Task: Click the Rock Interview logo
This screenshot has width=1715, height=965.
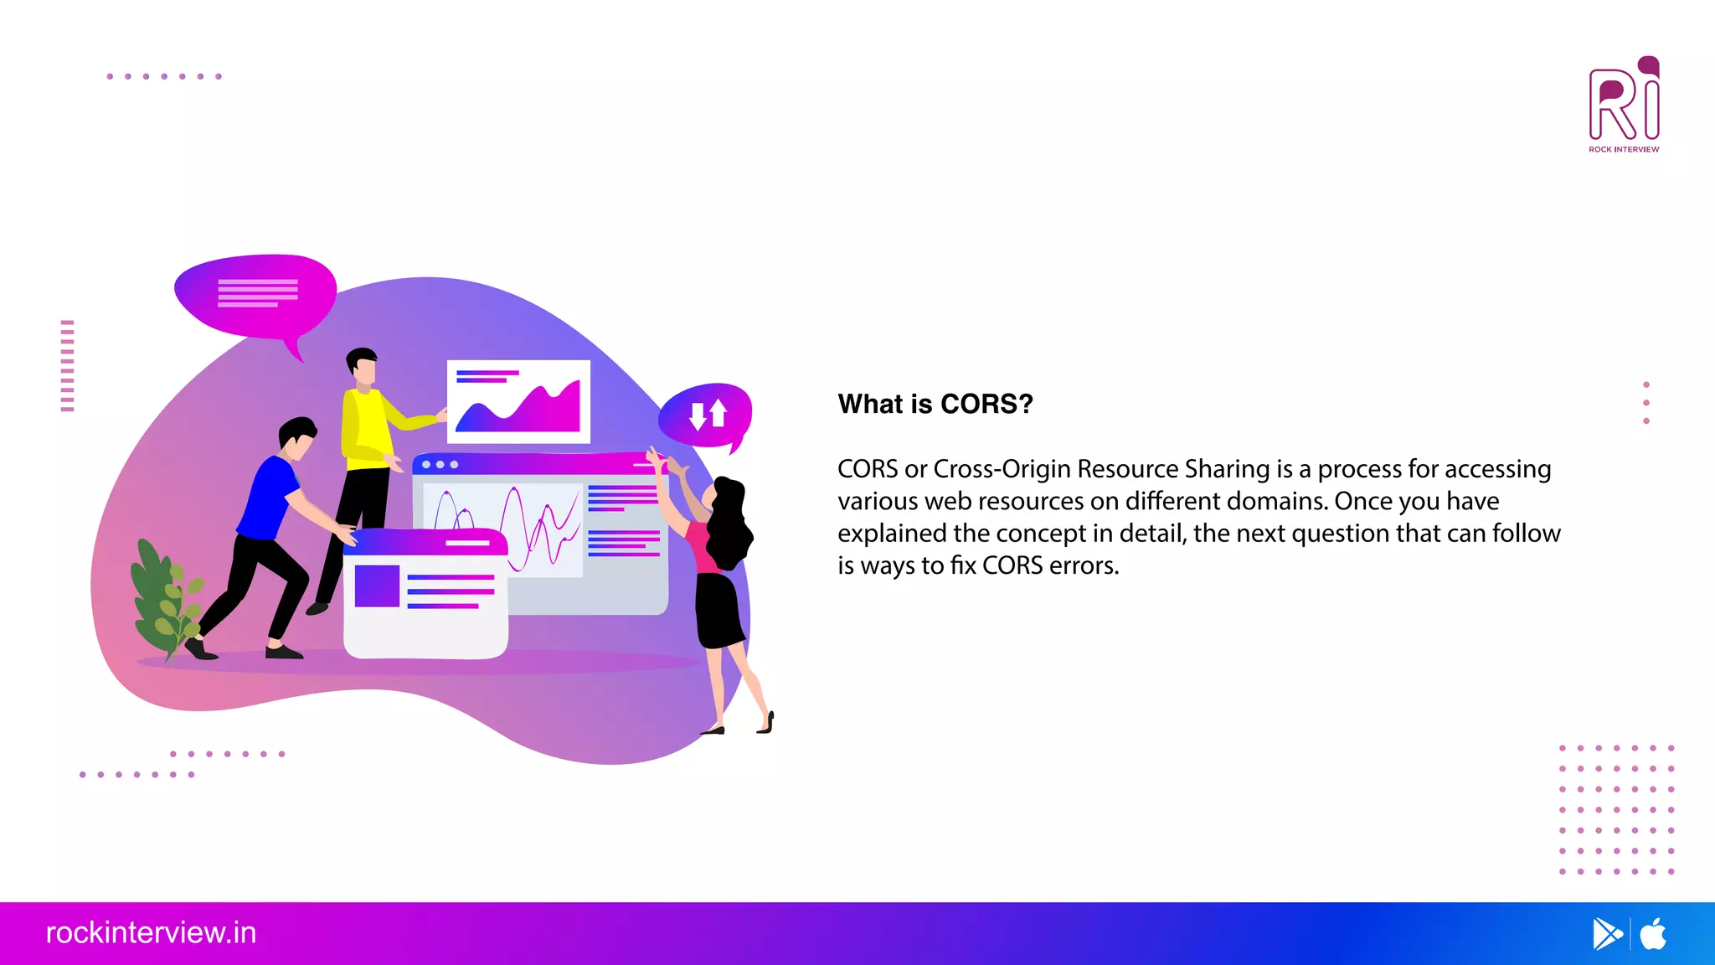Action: [1624, 104]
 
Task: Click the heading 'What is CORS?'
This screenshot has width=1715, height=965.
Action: [935, 404]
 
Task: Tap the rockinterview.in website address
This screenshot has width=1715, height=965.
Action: [151, 933]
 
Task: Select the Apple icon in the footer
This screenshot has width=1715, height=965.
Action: [1654, 934]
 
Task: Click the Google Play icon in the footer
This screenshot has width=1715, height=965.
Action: [1606, 934]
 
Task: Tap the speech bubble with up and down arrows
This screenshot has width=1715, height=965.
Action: [706, 414]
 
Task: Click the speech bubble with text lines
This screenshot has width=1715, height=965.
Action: [255, 294]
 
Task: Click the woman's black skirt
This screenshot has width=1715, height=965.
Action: [718, 610]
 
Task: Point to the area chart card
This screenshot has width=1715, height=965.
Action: [518, 401]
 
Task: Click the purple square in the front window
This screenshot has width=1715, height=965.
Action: [377, 586]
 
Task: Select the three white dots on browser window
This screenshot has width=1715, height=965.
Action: [440, 464]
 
